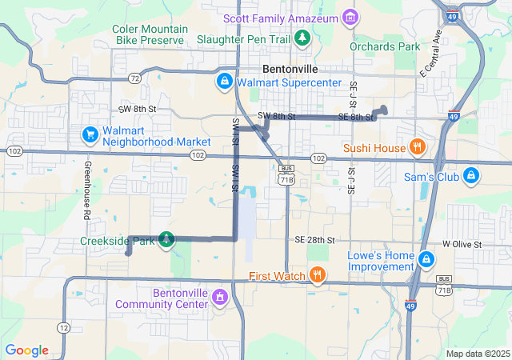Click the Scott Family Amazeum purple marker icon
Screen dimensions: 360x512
click(x=349, y=17)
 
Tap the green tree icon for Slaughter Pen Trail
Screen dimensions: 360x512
click(x=302, y=38)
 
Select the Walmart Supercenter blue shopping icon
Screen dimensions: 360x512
click(x=225, y=82)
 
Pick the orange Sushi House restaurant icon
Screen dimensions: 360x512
click(x=416, y=147)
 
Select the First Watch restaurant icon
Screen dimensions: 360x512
click(x=318, y=276)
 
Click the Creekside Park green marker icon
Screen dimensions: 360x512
click(x=166, y=239)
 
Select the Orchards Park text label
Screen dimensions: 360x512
click(x=385, y=46)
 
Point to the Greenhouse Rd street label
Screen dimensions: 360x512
click(x=85, y=192)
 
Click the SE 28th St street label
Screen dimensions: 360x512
click(x=314, y=240)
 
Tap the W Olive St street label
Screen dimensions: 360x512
click(x=462, y=244)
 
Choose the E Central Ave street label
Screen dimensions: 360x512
click(x=430, y=54)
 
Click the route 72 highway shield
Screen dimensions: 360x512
click(x=134, y=78)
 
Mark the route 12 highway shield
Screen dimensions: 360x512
click(x=63, y=328)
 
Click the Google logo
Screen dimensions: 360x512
click(x=26, y=350)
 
